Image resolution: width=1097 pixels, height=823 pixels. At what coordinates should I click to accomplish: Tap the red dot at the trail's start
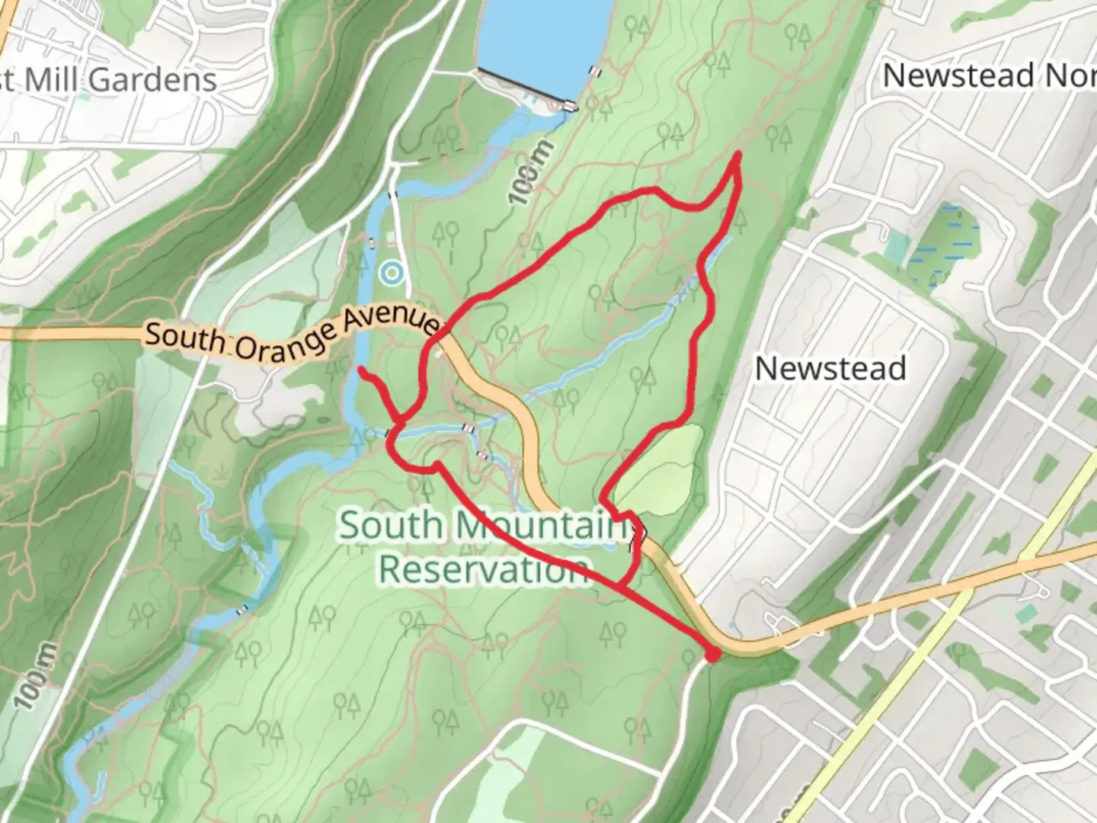[x=712, y=654]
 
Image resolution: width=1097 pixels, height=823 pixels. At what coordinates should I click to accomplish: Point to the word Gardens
[x=152, y=79]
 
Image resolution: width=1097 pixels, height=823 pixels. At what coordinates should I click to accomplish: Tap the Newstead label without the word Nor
[x=830, y=369]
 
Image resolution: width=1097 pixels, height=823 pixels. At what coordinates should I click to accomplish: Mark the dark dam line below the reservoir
[x=526, y=88]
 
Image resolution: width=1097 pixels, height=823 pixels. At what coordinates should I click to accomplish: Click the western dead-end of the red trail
[x=361, y=370]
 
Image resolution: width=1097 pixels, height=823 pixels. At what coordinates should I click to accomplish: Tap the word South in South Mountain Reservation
[x=390, y=526]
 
